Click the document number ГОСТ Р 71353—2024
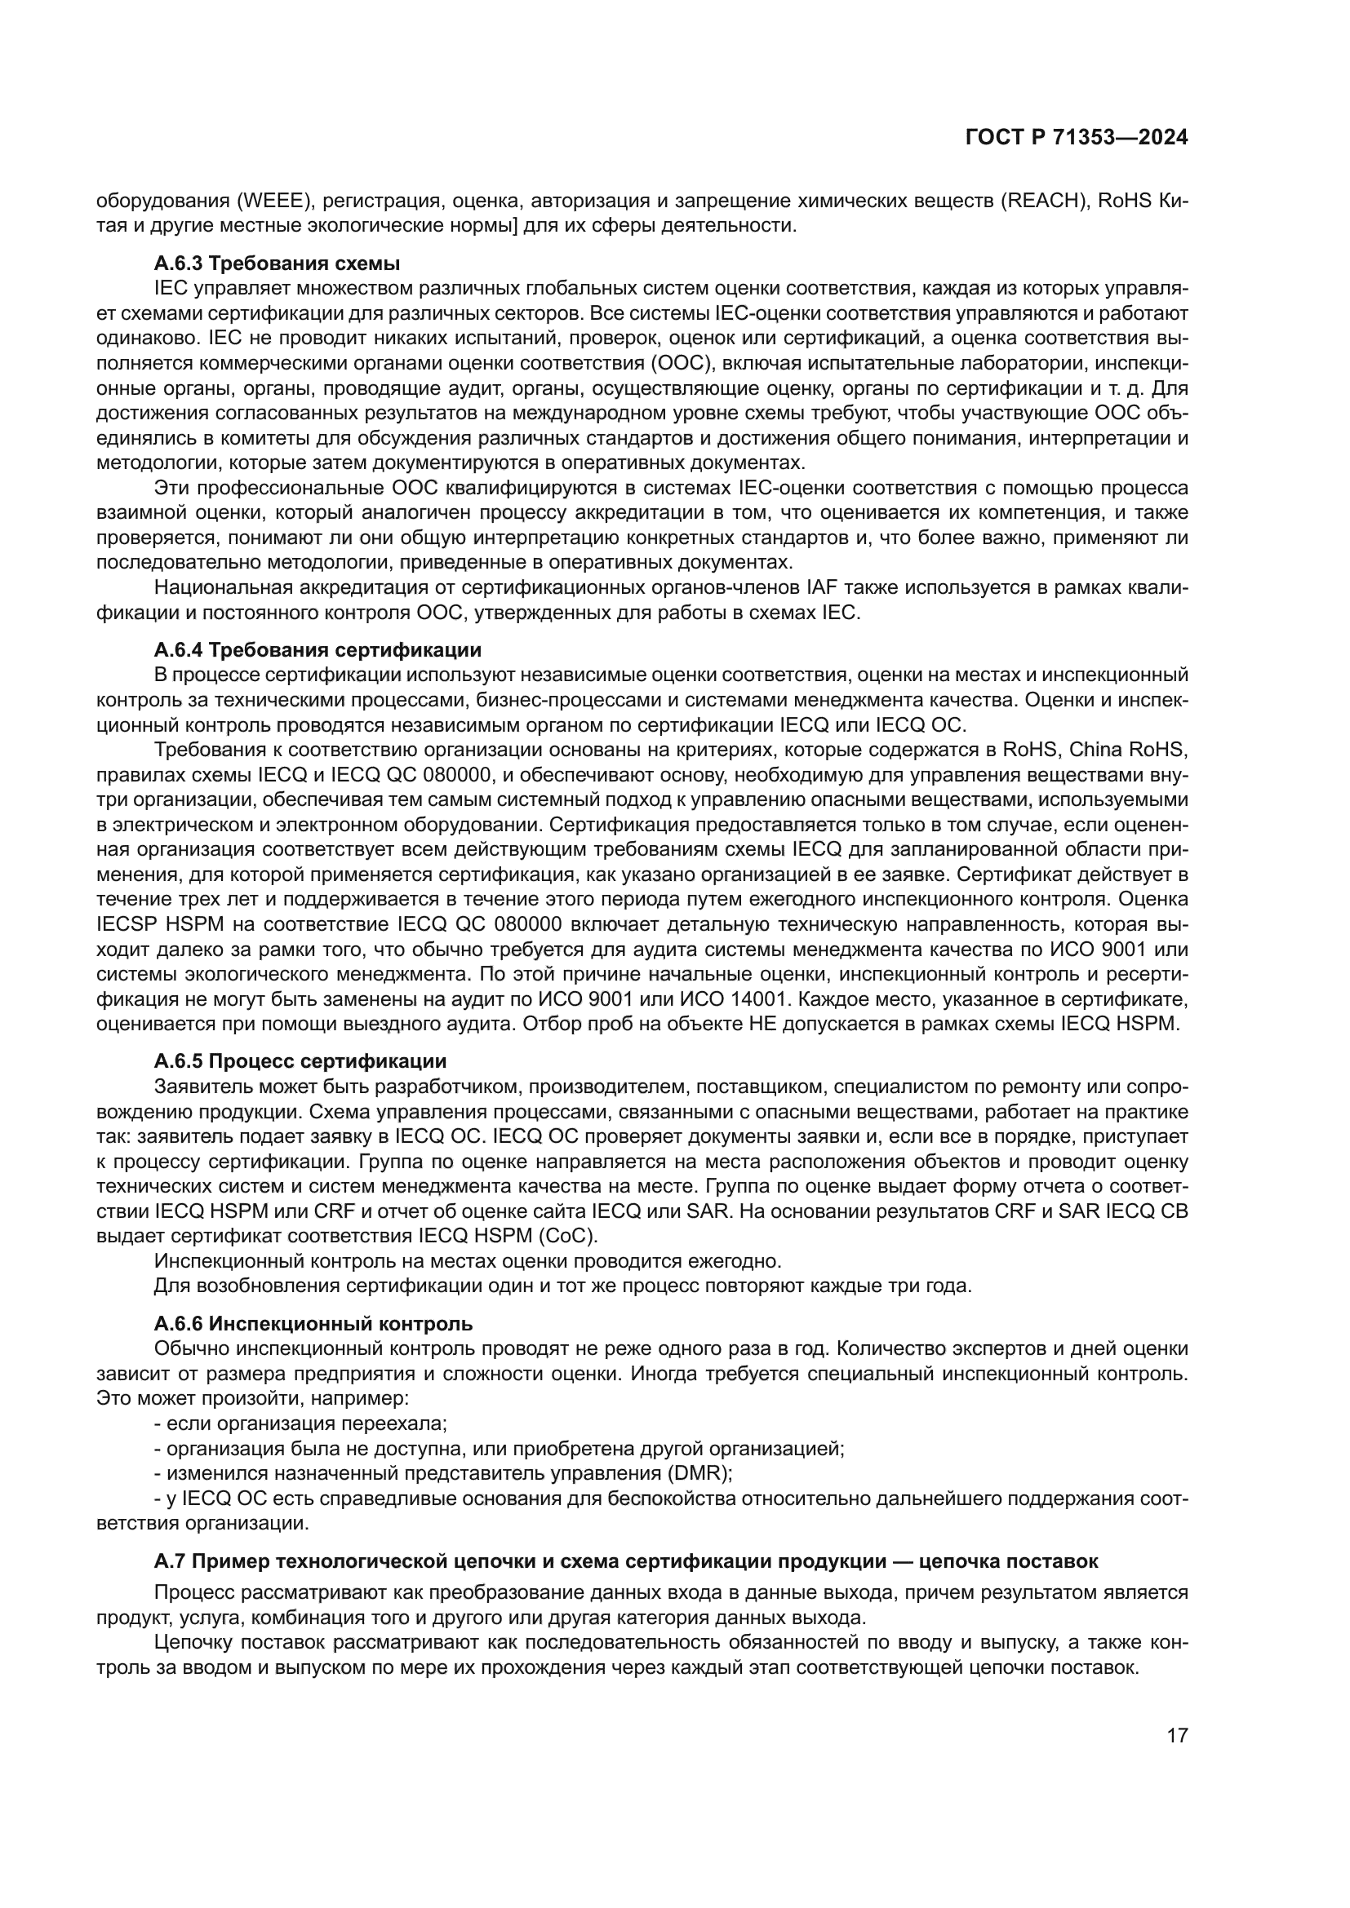pyautogui.click(x=1076, y=138)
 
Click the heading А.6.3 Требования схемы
pyautogui.click(x=277, y=263)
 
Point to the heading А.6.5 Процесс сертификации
pyautogui.click(x=300, y=1061)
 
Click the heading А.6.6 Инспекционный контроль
pyautogui.click(x=313, y=1323)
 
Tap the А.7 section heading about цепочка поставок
pyautogui.click(x=625, y=1560)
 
